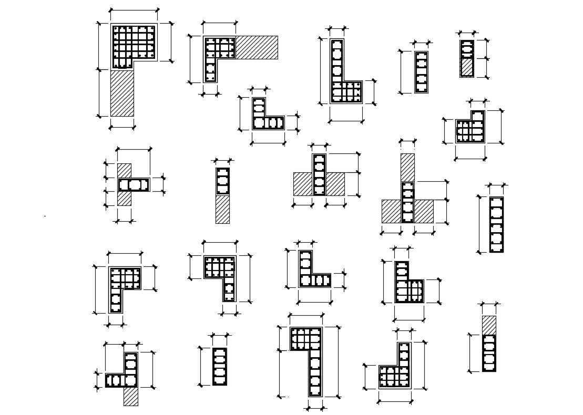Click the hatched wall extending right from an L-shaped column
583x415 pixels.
click(x=257, y=47)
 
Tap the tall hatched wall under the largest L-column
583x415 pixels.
click(x=122, y=93)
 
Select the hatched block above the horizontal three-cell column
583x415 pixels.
click(x=124, y=170)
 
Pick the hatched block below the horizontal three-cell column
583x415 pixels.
click(x=124, y=198)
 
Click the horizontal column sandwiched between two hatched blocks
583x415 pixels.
click(x=134, y=184)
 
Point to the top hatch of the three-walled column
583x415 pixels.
click(x=407, y=167)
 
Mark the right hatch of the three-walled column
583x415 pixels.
click(x=424, y=211)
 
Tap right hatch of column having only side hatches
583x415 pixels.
click(x=335, y=184)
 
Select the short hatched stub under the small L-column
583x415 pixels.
click(x=131, y=397)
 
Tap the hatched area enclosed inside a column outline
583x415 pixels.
click(x=467, y=67)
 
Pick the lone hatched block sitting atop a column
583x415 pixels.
click(x=489, y=324)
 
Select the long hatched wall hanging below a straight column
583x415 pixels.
click(x=222, y=209)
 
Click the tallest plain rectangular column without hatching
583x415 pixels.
click(x=496, y=224)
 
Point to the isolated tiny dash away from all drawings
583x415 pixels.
click(x=45, y=216)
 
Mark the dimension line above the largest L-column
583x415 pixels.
click(x=134, y=9)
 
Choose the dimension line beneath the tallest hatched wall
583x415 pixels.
click(x=122, y=126)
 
